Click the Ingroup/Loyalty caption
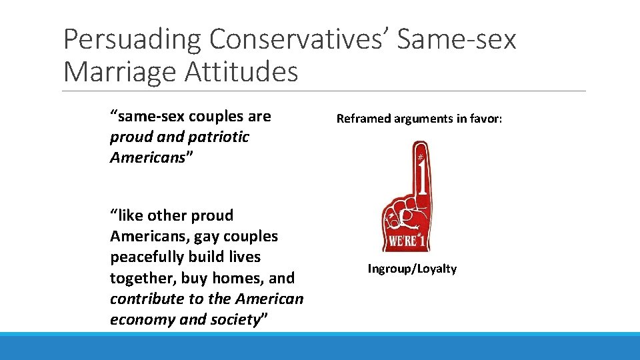coord(412,269)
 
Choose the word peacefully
coord(146,257)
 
